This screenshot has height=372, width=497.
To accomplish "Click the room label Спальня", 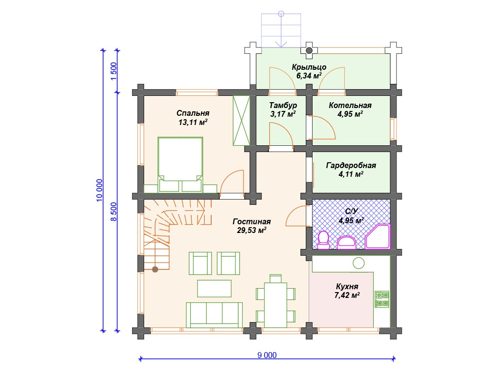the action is point(193,113).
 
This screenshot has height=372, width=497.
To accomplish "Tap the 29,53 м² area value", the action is point(251,230).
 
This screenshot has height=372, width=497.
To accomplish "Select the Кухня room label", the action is point(347,287).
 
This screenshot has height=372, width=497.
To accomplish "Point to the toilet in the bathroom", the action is point(324,240).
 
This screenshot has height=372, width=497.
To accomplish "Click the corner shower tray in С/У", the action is point(378,236).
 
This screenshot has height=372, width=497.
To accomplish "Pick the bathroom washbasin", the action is point(347,243).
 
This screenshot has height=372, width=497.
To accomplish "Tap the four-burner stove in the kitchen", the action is point(382,299).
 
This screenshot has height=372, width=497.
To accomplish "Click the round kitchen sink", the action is point(359,263).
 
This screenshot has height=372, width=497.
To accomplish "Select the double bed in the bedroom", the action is point(181,165).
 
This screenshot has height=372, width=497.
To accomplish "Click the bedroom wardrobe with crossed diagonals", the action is point(241,121).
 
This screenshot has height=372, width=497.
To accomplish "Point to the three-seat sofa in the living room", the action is point(214,315).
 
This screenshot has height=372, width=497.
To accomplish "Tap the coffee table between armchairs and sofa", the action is point(214,289).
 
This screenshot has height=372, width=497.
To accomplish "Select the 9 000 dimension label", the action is point(267,355).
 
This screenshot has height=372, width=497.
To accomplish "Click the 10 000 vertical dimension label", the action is point(99,190).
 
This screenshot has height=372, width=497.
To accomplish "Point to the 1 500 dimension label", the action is point(114,71).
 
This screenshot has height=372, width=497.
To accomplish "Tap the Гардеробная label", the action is point(351,166).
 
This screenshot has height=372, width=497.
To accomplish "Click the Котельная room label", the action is point(350,106).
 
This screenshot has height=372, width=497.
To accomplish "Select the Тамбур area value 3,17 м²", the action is point(283,114).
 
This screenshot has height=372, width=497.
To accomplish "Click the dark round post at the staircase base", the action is point(155,269).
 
